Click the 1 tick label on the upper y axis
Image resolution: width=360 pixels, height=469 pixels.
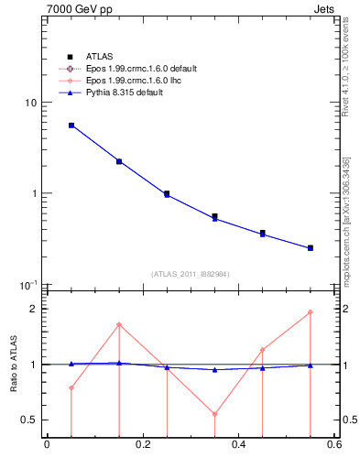(x=34, y=194)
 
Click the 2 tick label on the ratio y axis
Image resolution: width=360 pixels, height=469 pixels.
(x=34, y=309)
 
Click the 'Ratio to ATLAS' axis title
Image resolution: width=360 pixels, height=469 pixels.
(x=12, y=364)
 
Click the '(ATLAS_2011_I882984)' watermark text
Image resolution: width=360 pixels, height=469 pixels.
(x=191, y=274)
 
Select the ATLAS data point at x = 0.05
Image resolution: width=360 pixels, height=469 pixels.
(x=71, y=125)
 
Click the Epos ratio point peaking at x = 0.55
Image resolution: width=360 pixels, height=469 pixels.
(x=311, y=312)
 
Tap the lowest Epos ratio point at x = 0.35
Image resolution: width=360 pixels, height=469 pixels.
(x=214, y=414)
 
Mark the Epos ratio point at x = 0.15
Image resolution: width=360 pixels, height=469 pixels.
(x=119, y=325)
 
